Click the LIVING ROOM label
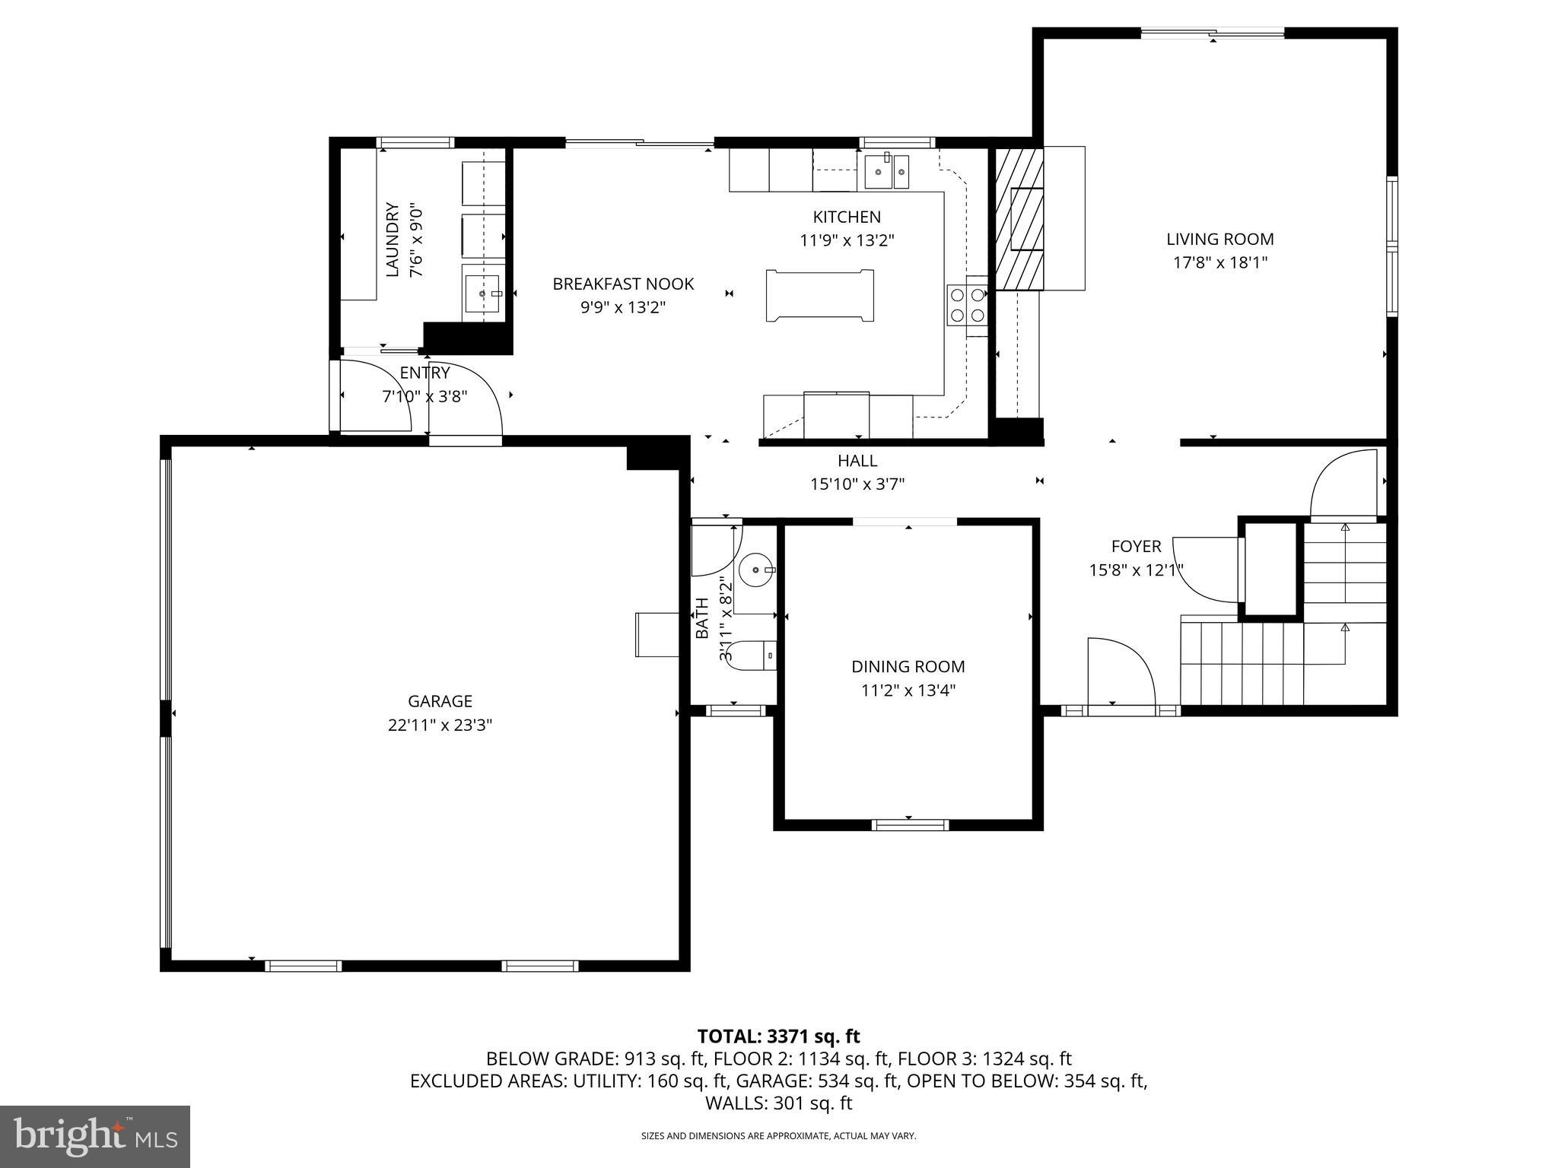tap(1219, 239)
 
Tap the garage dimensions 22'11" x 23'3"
tap(440, 725)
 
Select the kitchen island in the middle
tap(820, 296)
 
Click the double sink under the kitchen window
tap(886, 172)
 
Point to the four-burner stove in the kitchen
tap(967, 305)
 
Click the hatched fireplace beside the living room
tap(1019, 219)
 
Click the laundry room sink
tap(482, 292)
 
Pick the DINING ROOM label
tap(908, 667)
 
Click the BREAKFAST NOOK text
tap(623, 284)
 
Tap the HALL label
tap(857, 460)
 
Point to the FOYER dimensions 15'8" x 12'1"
tap(1136, 570)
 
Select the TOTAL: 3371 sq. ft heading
tap(778, 1036)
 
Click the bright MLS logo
tap(94, 1136)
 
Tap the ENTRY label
tap(424, 373)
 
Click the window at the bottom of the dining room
tap(910, 824)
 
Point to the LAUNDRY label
tap(393, 239)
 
